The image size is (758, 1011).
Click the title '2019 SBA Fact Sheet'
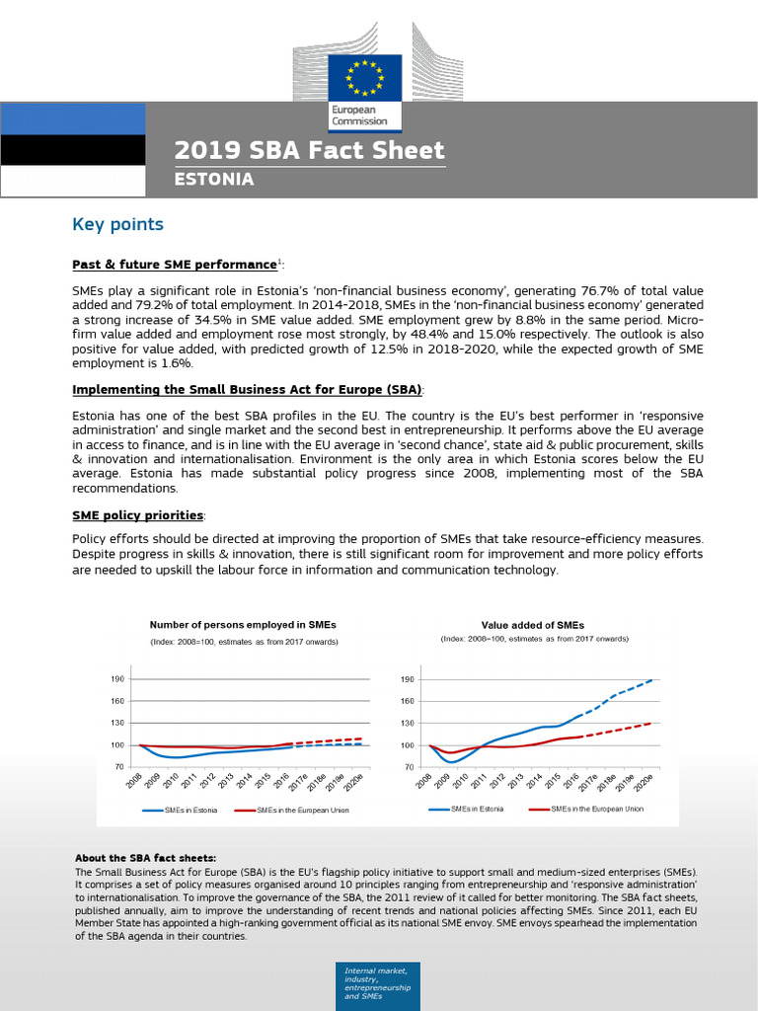coord(309,151)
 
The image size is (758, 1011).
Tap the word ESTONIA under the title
coord(214,180)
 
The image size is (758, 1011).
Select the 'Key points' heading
coord(117,224)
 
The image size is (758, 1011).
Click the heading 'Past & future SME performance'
coord(174,265)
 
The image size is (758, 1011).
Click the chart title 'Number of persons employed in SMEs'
coord(243,625)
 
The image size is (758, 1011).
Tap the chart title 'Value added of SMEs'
coord(532,625)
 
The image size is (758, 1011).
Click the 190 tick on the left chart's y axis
coord(117,679)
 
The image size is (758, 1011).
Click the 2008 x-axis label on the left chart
coord(134,783)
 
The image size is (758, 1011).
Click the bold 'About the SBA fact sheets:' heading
coord(145,858)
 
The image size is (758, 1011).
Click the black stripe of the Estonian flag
coord(72,149)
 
